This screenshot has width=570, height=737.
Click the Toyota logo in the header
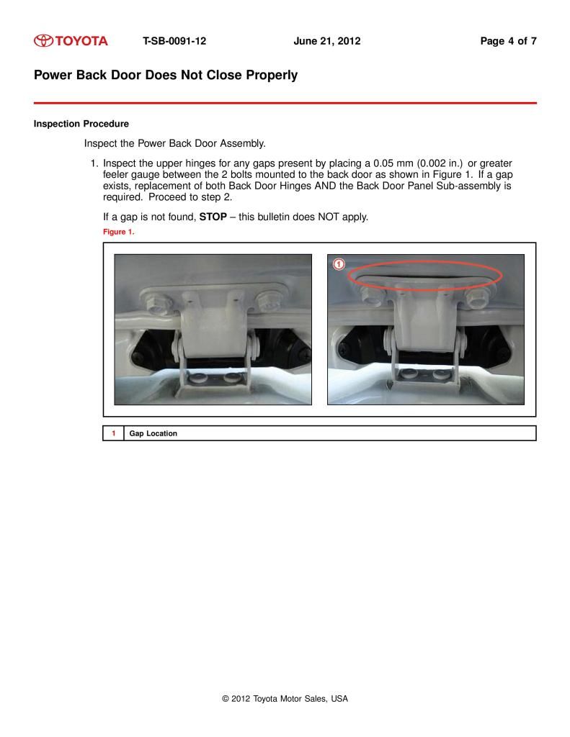click(71, 41)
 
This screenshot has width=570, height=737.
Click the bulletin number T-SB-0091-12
click(174, 41)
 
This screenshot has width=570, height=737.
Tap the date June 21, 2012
click(326, 41)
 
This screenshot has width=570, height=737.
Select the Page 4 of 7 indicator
click(508, 41)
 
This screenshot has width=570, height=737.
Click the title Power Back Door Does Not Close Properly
click(165, 75)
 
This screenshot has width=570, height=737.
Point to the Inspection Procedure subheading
click(81, 124)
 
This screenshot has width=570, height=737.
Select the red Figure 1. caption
click(118, 232)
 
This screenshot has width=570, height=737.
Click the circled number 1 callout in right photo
click(339, 264)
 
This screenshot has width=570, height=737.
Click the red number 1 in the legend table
click(113, 433)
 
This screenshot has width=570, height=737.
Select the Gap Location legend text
click(153, 433)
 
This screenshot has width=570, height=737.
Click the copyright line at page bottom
click(285, 698)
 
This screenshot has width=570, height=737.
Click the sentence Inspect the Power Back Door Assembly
click(175, 143)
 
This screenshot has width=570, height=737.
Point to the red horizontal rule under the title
click(285, 103)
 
